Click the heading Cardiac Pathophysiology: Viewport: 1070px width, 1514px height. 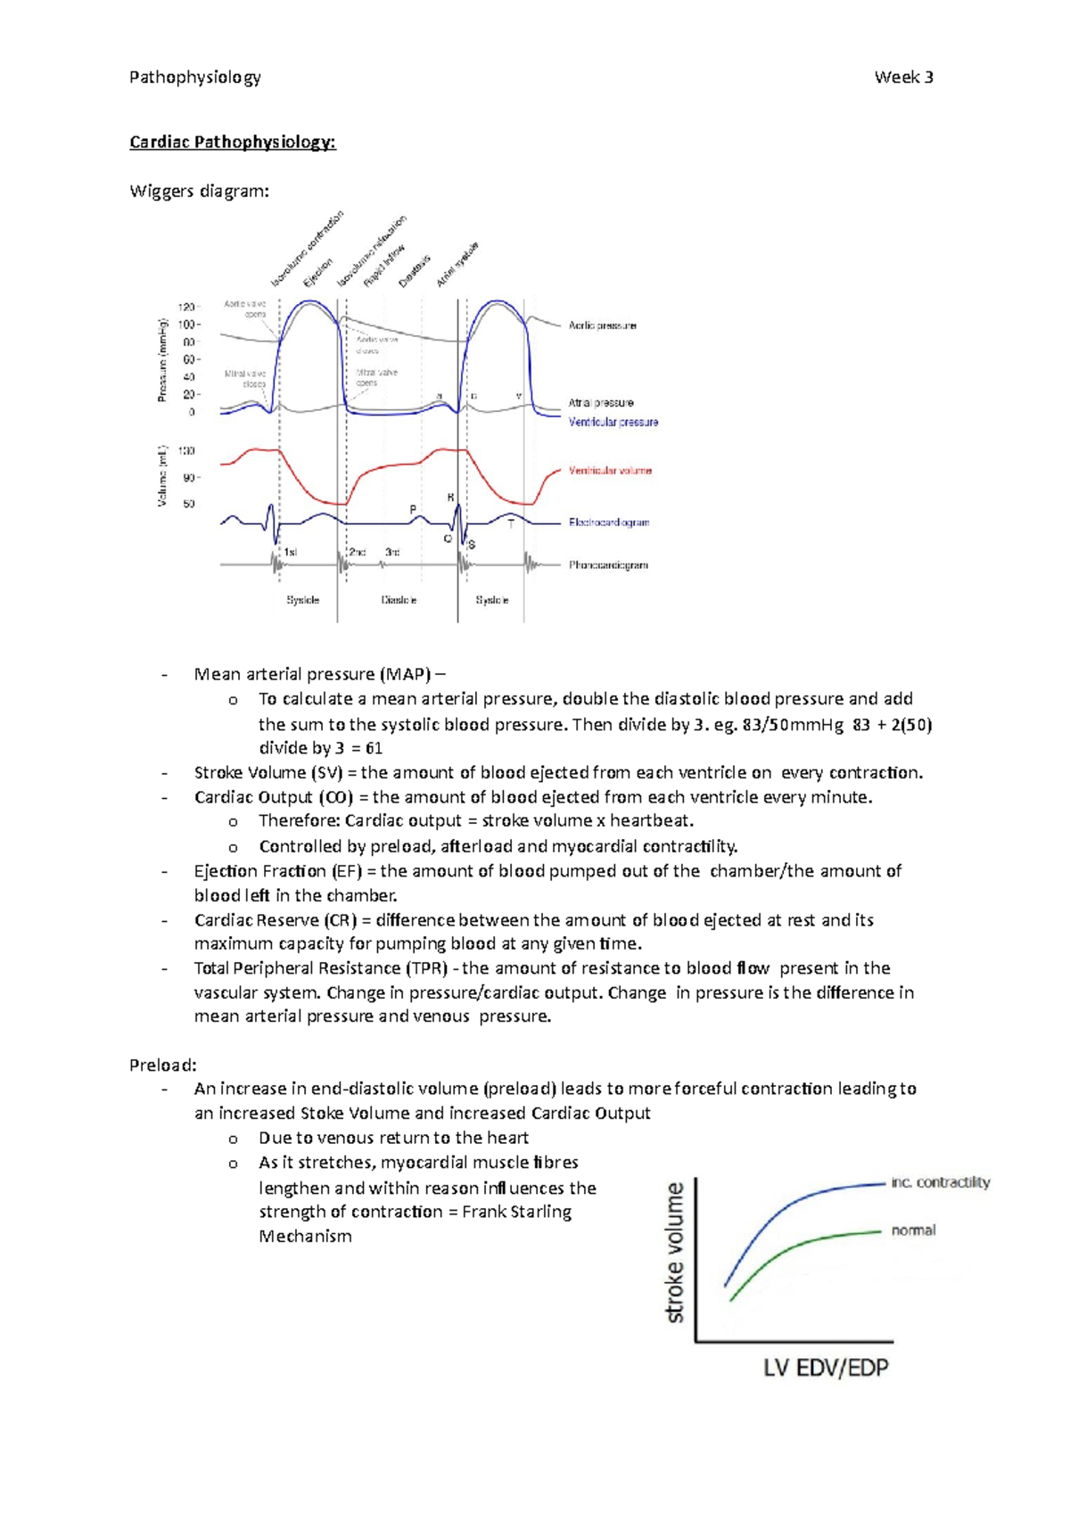[232, 142]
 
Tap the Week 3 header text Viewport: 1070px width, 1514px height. [903, 78]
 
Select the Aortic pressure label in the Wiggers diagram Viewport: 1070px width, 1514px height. [602, 325]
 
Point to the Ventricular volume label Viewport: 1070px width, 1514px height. [610, 470]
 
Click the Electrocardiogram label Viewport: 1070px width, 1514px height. [609, 522]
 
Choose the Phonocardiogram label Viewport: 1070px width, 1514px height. [608, 564]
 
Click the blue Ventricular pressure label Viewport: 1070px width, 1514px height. [613, 422]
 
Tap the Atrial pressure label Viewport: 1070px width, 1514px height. [601, 402]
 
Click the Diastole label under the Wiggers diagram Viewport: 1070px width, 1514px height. [399, 600]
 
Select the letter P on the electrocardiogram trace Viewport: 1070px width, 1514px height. [413, 509]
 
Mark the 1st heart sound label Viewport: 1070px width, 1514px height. [290, 552]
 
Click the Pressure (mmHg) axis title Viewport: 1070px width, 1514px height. [163, 359]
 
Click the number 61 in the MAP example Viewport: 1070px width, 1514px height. [374, 748]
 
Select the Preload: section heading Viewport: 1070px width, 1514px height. [162, 1065]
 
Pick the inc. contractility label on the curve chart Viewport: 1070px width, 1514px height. [940, 1182]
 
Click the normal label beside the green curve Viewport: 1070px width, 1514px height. [913, 1230]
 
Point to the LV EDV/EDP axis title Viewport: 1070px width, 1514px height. [826, 1367]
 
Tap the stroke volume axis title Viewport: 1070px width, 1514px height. [675, 1252]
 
